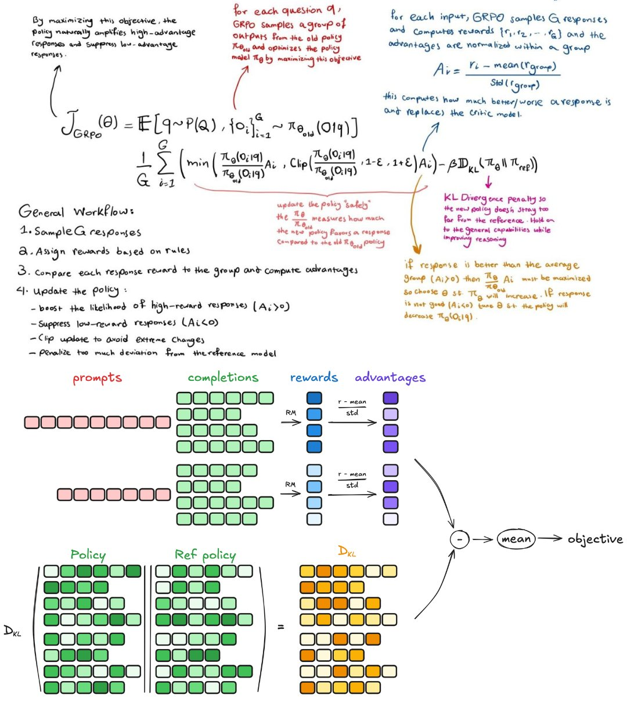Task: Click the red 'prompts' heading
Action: (97, 379)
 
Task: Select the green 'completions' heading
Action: (223, 378)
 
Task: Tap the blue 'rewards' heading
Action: (313, 378)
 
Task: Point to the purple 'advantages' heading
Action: (390, 378)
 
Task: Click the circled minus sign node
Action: (459, 539)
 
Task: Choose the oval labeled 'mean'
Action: (516, 539)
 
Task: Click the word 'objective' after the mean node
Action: (594, 539)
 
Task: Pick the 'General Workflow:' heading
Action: (76, 211)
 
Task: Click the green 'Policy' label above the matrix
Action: (88, 554)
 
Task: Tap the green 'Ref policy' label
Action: (205, 554)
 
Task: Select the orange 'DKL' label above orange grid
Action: (347, 552)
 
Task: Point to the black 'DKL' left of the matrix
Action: (12, 632)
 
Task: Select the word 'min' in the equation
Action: (198, 164)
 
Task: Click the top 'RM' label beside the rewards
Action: (290, 413)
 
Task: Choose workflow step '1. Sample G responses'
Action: (80, 231)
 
